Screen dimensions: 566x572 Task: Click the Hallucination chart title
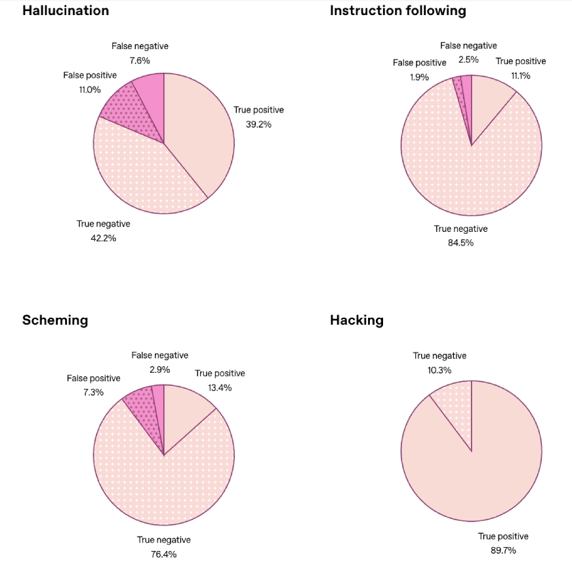66,11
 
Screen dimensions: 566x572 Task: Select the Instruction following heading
398,11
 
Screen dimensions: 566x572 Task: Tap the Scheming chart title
55,320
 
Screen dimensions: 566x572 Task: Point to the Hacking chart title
357,320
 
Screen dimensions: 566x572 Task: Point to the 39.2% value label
258,124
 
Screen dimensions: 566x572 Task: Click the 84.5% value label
460,243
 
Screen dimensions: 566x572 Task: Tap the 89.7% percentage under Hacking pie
502,550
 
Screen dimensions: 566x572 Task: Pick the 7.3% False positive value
93,392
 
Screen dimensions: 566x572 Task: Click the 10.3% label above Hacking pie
439,370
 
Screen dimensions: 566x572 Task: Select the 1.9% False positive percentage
419,77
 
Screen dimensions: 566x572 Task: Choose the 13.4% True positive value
220,387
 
